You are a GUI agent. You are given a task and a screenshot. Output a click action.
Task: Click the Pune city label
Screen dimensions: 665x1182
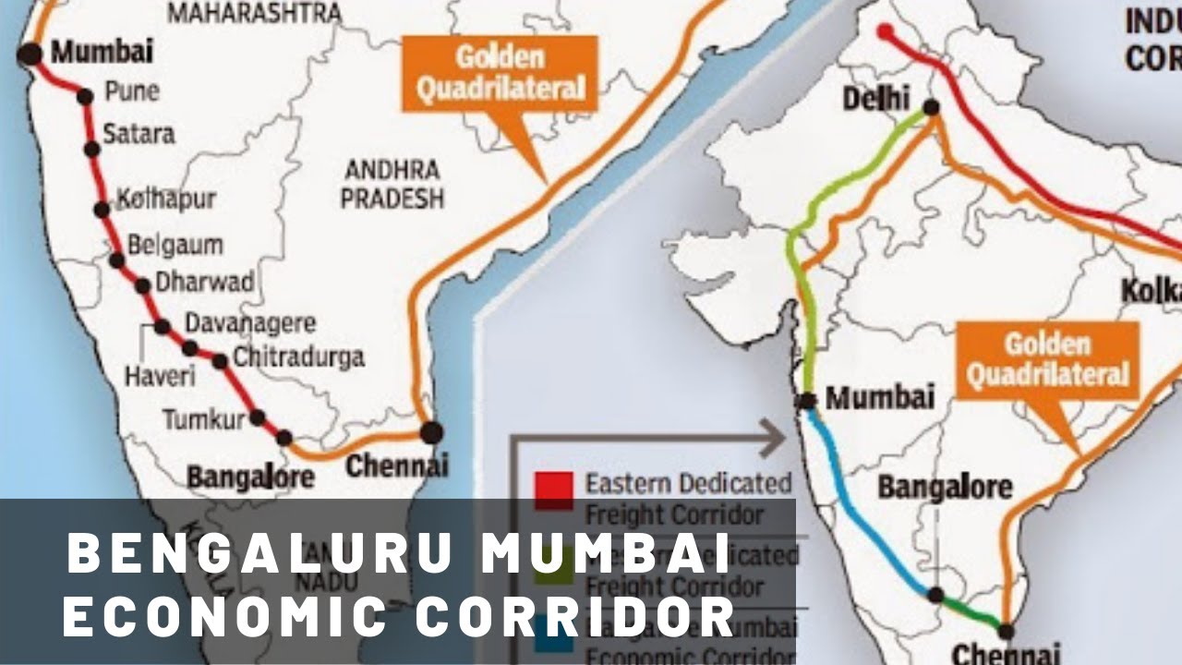pos(131,92)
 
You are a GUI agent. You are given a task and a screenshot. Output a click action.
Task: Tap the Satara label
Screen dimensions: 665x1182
pos(139,134)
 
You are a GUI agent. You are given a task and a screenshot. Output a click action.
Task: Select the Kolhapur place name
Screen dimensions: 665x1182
pos(166,199)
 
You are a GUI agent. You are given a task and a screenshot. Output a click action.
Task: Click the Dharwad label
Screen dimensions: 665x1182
pos(204,283)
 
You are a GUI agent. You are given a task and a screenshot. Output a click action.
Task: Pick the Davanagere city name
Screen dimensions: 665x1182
pos(250,324)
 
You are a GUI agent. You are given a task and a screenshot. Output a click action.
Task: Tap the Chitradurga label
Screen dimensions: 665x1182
pos(298,357)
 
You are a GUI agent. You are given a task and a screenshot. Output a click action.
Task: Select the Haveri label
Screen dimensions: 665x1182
pos(161,376)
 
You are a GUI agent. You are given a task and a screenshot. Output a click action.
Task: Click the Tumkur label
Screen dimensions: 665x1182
pos(204,420)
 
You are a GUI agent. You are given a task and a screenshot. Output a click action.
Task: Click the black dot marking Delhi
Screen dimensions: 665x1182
pos(931,108)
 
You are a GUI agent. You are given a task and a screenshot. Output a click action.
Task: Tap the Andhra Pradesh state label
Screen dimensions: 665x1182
pos(392,184)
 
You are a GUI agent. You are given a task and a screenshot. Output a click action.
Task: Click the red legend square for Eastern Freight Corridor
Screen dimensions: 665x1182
pos(554,490)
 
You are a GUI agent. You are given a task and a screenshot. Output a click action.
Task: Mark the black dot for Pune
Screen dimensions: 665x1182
pos(85,96)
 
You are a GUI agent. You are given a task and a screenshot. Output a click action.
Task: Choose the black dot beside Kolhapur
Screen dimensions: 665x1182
pos(102,210)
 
